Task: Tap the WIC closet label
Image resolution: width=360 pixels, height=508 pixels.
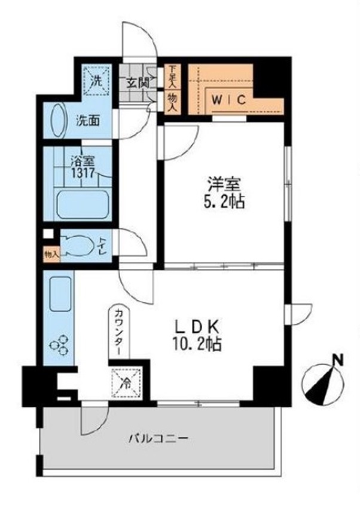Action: click(229, 100)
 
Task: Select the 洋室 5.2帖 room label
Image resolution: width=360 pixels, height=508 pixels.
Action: click(224, 193)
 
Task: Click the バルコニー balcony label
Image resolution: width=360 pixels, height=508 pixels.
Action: click(159, 439)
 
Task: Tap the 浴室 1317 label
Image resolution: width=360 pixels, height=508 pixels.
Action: click(83, 167)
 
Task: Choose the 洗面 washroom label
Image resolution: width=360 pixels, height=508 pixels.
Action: click(87, 121)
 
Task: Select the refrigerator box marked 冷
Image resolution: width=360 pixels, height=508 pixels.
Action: click(127, 382)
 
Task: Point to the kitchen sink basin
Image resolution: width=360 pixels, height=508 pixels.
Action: click(60, 294)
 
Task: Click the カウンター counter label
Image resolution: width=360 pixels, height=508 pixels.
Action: click(119, 332)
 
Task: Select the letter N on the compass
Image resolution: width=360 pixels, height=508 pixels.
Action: click(338, 360)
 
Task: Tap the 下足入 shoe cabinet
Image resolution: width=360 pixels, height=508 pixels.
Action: click(172, 76)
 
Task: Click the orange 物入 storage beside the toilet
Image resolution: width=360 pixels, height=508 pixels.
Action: click(51, 255)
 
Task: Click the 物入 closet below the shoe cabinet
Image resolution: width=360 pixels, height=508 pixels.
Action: click(172, 102)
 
